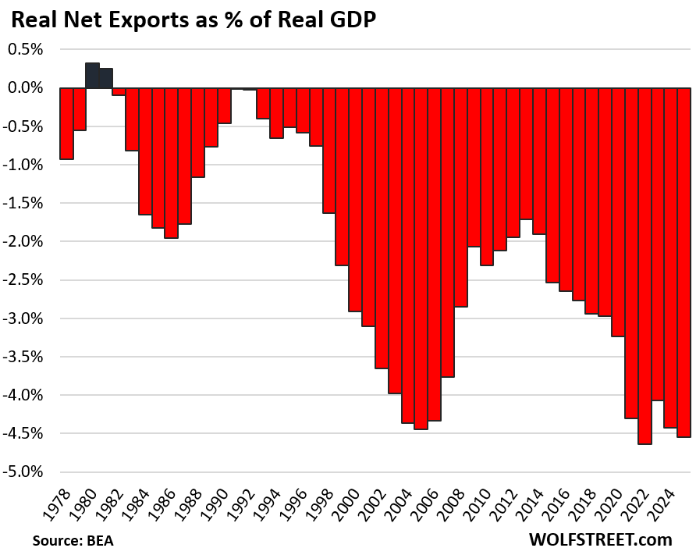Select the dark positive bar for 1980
(x=92, y=76)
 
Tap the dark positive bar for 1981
(x=105, y=78)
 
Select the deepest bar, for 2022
(x=645, y=265)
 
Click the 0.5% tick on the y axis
(x=25, y=49)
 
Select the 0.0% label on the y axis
(x=25, y=87)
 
